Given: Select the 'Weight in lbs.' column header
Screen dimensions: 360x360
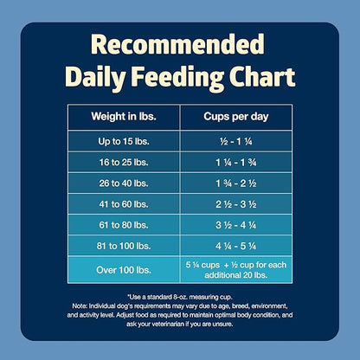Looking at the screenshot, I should click(x=123, y=116).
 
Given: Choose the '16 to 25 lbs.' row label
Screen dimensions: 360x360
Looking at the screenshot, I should click(x=123, y=163).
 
